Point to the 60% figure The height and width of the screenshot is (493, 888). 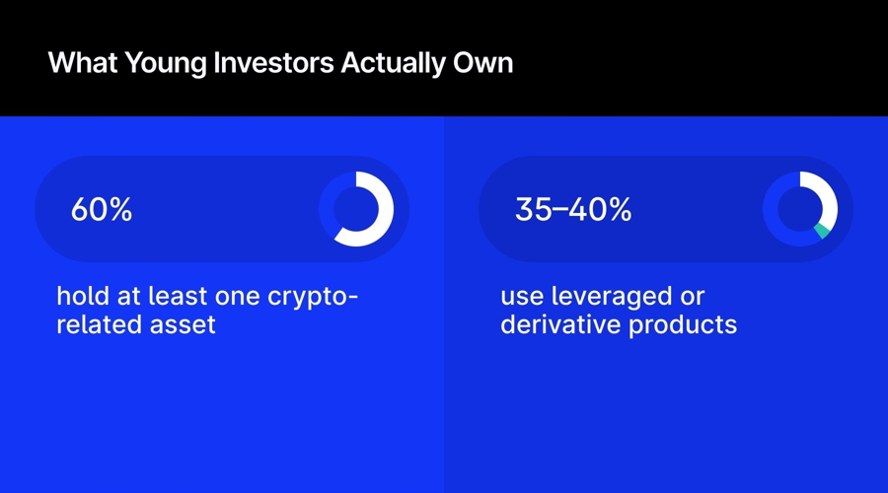click(102, 210)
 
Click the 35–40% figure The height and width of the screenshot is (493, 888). click(573, 210)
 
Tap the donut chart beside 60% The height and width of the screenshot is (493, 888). click(356, 209)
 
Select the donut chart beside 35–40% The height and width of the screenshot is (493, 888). click(800, 209)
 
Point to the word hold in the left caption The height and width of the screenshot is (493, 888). click(78, 297)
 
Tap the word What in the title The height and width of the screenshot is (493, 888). click(75, 63)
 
